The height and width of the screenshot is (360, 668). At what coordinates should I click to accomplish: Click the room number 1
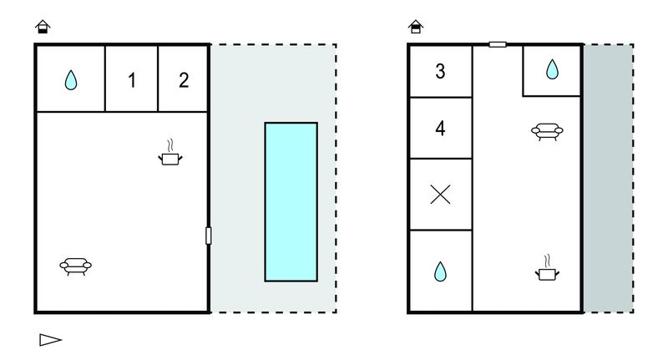point(132,80)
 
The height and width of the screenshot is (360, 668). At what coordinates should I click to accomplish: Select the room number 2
point(184,80)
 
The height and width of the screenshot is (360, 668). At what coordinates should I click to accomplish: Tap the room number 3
point(440,71)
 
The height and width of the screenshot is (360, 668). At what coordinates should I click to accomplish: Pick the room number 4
point(440,128)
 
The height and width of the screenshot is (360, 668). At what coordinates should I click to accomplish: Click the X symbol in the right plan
point(441,195)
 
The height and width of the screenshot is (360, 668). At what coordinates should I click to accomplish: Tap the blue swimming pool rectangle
point(291,202)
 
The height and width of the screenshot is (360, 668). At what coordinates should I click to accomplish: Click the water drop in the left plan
point(71,80)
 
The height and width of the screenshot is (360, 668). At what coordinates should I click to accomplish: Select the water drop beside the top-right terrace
point(552,69)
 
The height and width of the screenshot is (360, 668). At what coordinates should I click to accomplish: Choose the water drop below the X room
point(440,271)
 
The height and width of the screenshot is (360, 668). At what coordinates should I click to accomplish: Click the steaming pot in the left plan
point(170,153)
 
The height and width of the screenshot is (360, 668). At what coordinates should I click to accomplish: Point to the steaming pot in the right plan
point(548,268)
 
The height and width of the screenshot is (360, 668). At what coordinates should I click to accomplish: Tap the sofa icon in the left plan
point(75,266)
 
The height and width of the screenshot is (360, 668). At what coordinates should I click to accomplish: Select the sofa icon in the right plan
point(547,131)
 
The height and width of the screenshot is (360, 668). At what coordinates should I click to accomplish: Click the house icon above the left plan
point(43,27)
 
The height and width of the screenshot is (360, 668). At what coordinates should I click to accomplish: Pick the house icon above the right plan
point(415,27)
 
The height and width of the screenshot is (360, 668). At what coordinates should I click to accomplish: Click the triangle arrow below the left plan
point(51,340)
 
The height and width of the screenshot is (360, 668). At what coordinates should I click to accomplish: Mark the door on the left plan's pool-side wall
point(208,236)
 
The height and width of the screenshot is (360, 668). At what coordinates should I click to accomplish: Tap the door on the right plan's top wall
point(498,44)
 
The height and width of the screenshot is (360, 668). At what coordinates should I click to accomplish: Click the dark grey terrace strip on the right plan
point(608,178)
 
